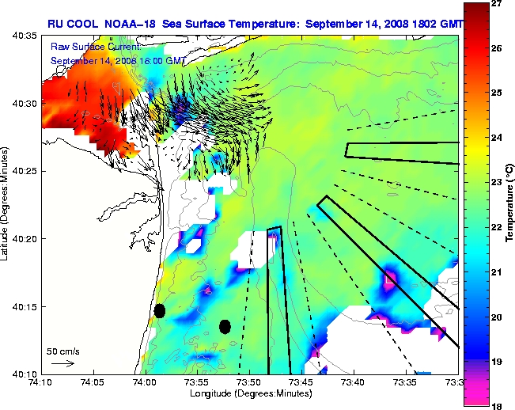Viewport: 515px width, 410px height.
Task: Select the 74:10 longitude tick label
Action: click(40, 382)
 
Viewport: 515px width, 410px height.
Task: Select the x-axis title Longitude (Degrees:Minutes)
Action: click(248, 393)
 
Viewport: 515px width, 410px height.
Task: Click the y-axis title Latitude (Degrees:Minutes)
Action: click(6, 204)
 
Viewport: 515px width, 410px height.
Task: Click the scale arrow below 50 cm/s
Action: click(62, 363)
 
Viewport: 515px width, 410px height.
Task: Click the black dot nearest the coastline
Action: click(160, 310)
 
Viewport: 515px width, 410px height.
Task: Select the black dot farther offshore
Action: click(225, 326)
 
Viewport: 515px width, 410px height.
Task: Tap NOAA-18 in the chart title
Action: click(131, 24)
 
